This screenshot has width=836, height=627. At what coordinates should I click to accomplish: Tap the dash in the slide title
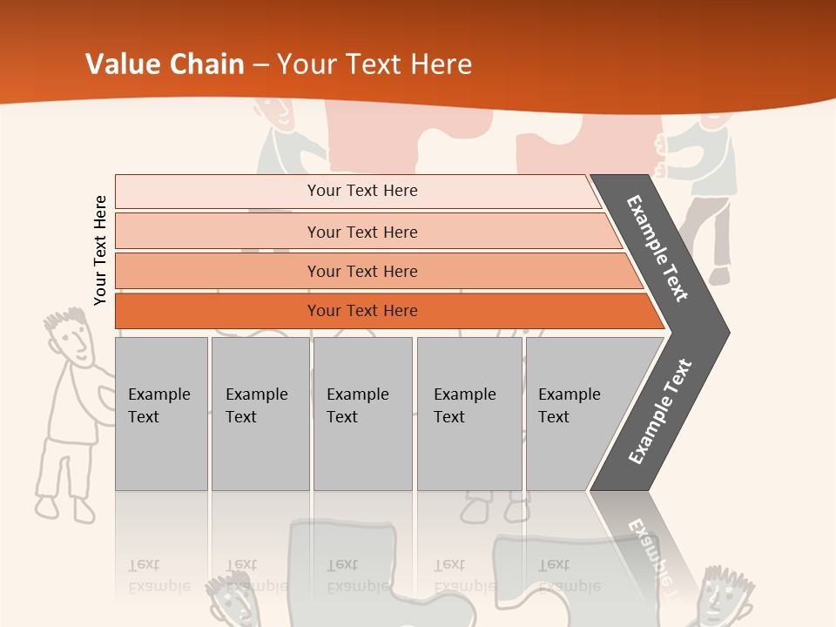pos(260,64)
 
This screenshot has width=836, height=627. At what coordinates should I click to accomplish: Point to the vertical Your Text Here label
pos(100,250)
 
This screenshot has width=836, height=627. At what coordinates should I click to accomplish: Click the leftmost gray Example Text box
pos(161,414)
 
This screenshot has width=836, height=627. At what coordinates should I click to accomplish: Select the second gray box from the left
pos(260,414)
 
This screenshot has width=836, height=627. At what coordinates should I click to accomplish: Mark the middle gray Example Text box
pos(362,414)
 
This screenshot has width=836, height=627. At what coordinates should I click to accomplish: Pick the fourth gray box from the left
pos(469,414)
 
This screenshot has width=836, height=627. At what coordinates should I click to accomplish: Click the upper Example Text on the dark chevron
pos(657,248)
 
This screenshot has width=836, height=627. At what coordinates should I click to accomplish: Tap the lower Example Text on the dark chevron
pos(660,411)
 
